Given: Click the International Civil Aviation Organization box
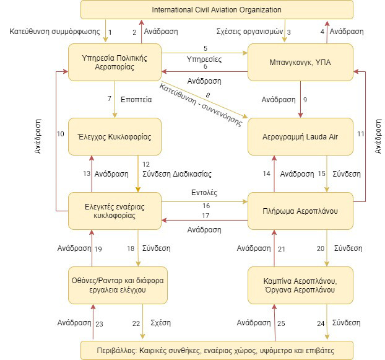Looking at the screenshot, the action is pyautogui.click(x=217, y=9).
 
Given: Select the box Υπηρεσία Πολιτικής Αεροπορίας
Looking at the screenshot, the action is pyautogui.click(x=115, y=63).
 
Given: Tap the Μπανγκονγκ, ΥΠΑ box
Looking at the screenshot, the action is pyautogui.click(x=300, y=63).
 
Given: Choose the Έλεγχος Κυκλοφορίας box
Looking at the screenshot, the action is pyautogui.click(x=115, y=137).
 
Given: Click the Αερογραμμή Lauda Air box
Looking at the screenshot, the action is pyautogui.click(x=300, y=137).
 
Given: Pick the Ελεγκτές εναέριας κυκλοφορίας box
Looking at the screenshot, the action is pyautogui.click(x=115, y=211).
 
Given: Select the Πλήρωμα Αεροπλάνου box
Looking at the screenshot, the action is pyautogui.click(x=300, y=211).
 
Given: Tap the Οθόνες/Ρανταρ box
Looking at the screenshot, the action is pyautogui.click(x=118, y=285).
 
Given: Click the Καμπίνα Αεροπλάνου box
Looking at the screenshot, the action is pyautogui.click(x=300, y=285).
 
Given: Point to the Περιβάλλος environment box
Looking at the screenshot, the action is pyautogui.click(x=217, y=351).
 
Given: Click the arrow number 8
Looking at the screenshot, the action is pyautogui.click(x=204, y=99).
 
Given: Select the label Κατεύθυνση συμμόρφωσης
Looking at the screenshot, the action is pyautogui.click(x=54, y=32).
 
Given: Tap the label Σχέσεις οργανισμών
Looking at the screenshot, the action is pyautogui.click(x=249, y=32).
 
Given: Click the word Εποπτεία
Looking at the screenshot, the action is pyautogui.click(x=136, y=100).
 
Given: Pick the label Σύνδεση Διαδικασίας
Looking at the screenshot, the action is pyautogui.click(x=177, y=174).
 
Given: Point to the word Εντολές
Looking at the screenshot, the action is pyautogui.click(x=204, y=193).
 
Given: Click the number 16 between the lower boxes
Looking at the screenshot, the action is pyautogui.click(x=206, y=206).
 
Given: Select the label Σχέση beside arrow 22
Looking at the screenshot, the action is pyautogui.click(x=160, y=323).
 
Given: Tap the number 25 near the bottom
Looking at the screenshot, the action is pyautogui.click(x=281, y=323).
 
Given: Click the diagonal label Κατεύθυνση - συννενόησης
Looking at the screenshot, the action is pyautogui.click(x=201, y=105).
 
